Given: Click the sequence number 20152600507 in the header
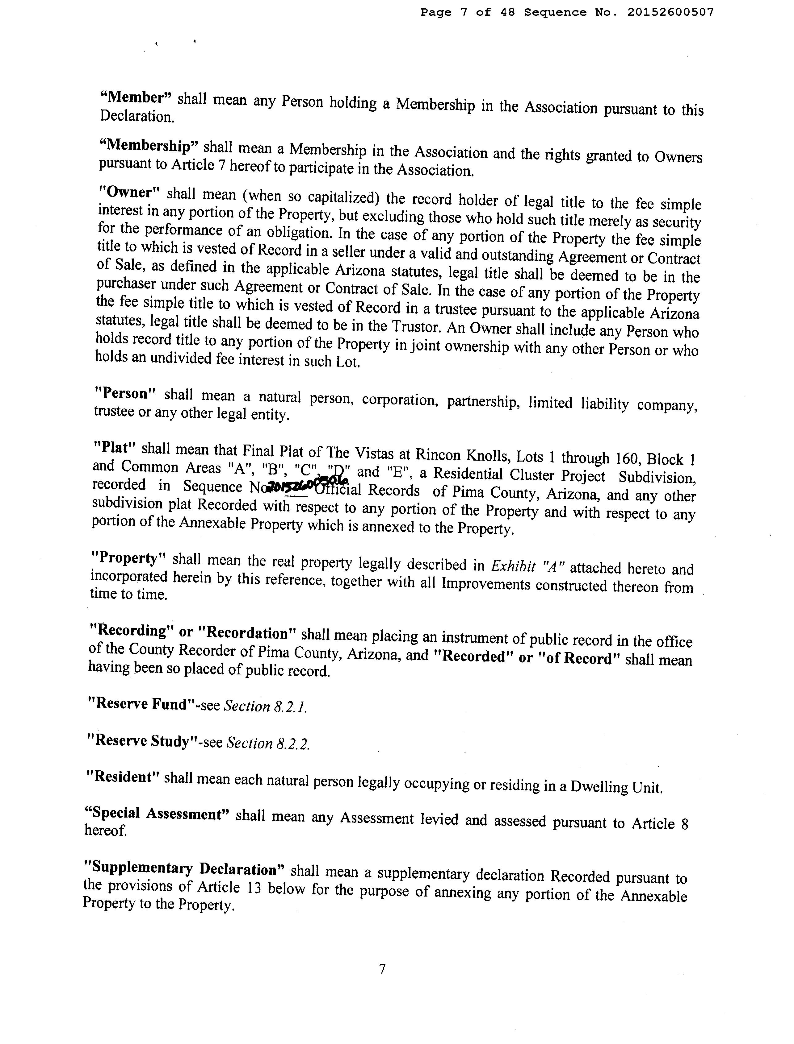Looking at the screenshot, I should (x=670, y=13).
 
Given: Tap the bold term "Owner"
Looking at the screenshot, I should (x=130, y=193).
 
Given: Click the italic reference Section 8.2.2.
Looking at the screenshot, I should (x=268, y=743).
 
